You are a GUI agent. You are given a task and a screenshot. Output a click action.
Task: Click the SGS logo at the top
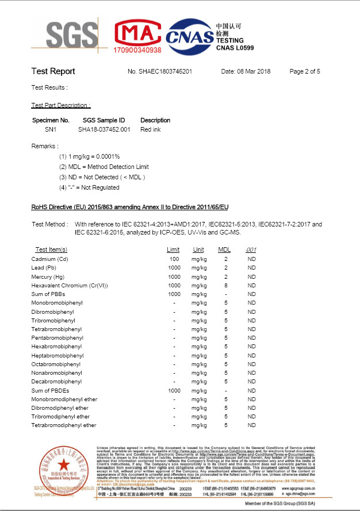65,35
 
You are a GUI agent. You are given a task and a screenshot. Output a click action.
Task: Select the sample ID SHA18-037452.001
104,129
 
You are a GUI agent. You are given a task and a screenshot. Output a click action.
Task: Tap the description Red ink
150,129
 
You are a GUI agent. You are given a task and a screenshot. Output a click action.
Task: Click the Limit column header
173,250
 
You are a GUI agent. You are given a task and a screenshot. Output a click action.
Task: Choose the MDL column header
225,250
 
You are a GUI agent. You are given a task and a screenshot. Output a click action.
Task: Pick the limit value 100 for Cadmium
174,259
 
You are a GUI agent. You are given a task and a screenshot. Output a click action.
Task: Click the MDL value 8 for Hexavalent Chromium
226,286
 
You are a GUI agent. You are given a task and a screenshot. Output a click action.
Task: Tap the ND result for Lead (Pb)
251,268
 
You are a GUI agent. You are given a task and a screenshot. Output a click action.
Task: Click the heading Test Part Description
60,106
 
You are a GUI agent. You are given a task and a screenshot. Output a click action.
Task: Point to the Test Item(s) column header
51,250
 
